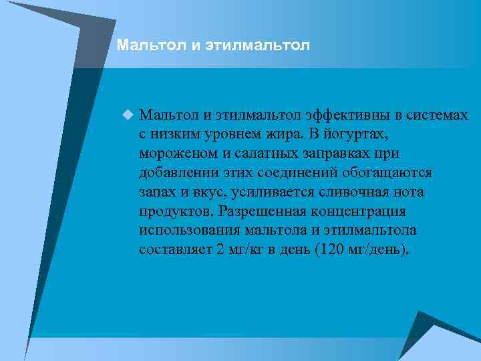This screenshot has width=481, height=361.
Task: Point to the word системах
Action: tap(436, 116)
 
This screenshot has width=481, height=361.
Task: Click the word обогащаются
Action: tap(389, 173)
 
